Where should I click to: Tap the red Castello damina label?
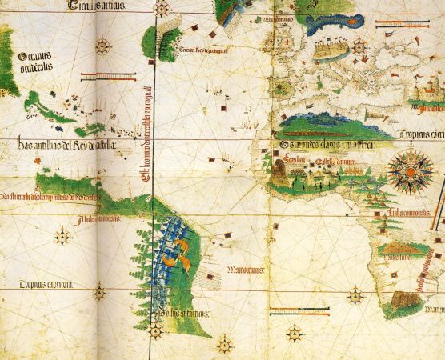[333, 162]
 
